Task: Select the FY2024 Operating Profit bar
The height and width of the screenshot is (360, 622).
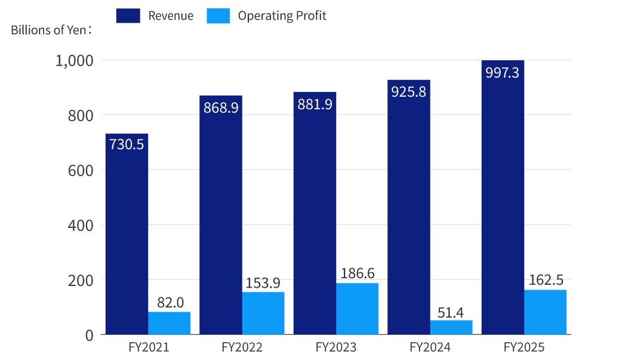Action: (x=451, y=327)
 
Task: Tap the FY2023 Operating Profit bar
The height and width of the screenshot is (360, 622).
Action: (x=357, y=309)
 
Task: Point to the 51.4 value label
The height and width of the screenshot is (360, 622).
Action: (x=451, y=312)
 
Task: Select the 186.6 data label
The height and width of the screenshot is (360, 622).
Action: (x=357, y=274)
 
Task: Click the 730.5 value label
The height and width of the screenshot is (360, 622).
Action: (x=127, y=144)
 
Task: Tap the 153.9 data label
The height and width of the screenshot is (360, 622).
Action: (x=263, y=283)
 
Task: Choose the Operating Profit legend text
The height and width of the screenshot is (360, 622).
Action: (x=282, y=16)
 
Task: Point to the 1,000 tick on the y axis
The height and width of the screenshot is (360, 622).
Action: (x=74, y=60)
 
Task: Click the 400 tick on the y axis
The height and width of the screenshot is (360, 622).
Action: (x=81, y=225)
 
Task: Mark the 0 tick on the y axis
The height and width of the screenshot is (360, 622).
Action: (x=89, y=335)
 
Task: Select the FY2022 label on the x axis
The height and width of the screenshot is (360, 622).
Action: (x=242, y=347)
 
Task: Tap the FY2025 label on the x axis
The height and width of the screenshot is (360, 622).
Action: (x=524, y=347)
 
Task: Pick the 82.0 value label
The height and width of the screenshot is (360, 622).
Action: (x=170, y=303)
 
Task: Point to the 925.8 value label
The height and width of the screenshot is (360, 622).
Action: (x=409, y=93)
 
